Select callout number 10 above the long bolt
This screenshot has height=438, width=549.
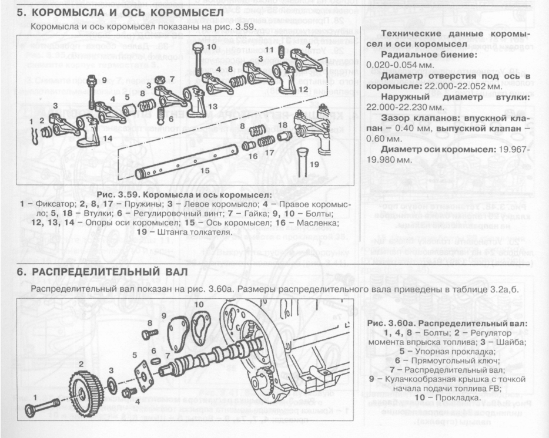212,46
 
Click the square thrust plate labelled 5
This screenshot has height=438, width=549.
140,375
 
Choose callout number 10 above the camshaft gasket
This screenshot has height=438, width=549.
199,304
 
